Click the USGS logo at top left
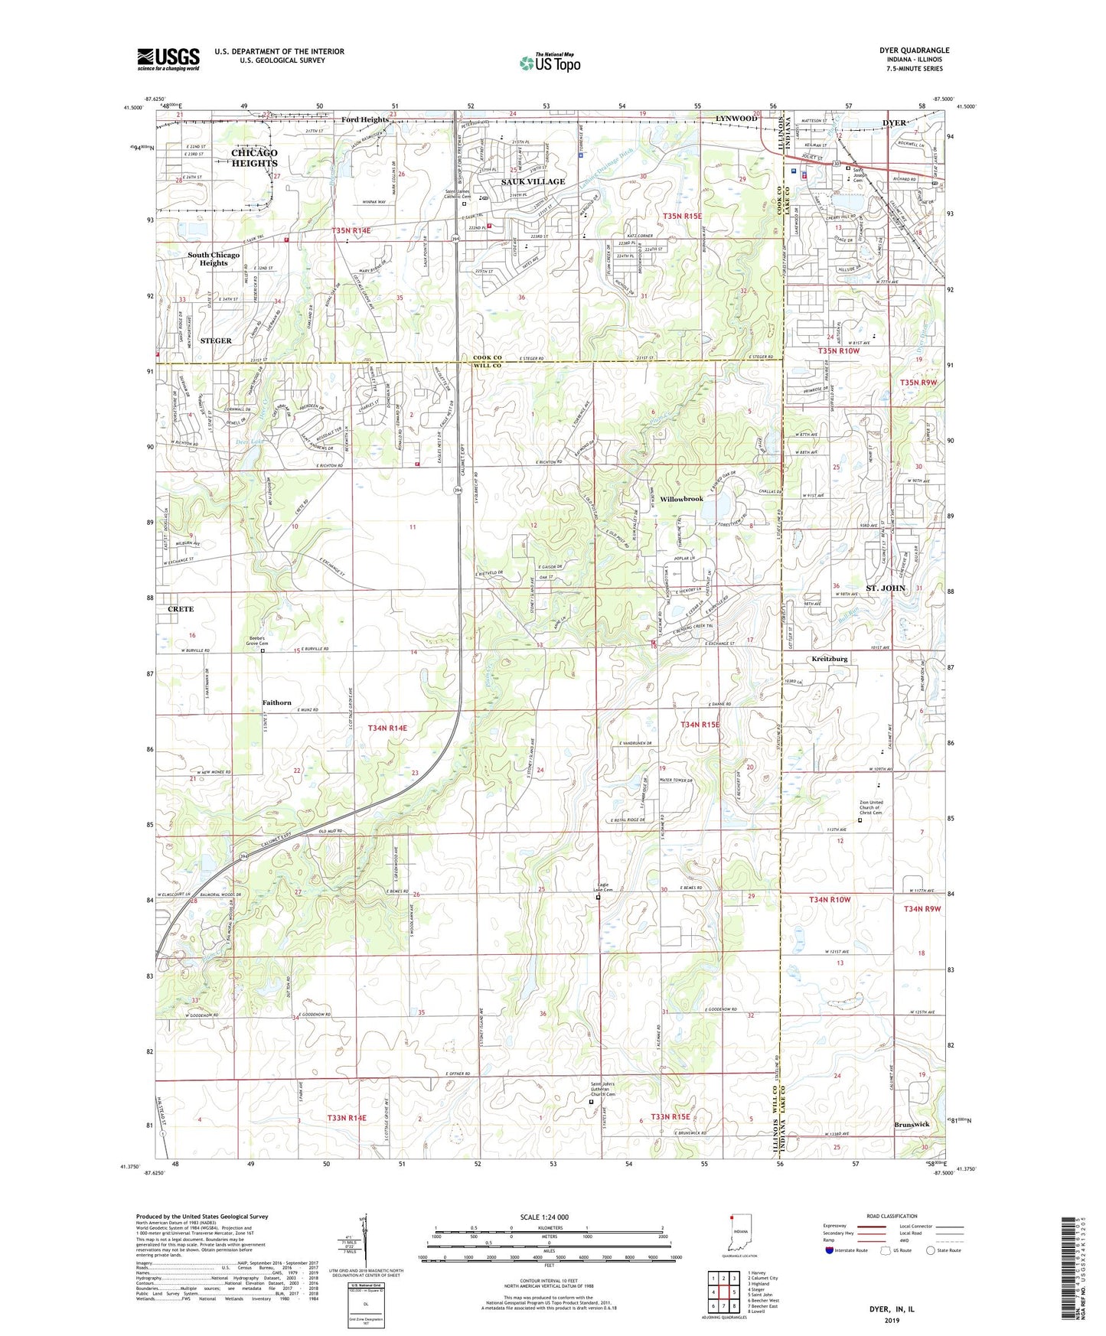(x=168, y=58)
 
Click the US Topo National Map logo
(x=549, y=63)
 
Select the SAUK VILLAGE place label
(x=533, y=181)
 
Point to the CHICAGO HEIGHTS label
(x=254, y=158)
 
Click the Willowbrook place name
(x=681, y=499)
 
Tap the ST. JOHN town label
(x=886, y=588)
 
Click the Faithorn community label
(x=276, y=702)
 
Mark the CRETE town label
(x=181, y=609)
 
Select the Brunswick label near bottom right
(x=912, y=1124)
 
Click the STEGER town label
(x=216, y=341)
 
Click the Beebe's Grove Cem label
(x=256, y=640)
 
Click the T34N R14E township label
(x=387, y=728)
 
